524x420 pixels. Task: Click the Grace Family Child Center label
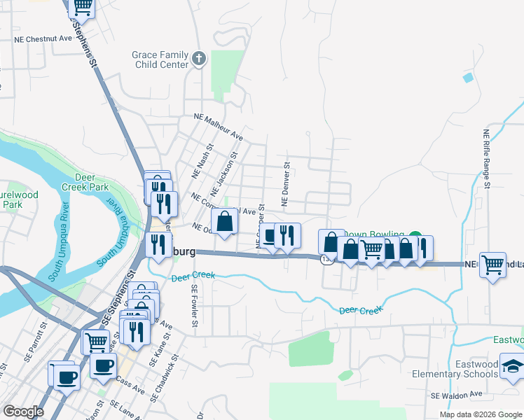pyautogui.click(x=160, y=59)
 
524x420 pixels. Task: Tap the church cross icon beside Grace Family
pyautogui.click(x=199, y=58)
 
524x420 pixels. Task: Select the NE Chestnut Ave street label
pyautogui.click(x=43, y=39)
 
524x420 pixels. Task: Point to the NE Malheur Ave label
pyautogui.click(x=217, y=126)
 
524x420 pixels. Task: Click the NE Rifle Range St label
pyautogui.click(x=486, y=158)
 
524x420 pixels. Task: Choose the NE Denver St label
pyautogui.click(x=286, y=183)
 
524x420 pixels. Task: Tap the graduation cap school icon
pyautogui.click(x=512, y=366)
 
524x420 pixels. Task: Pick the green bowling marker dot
pyautogui.click(x=415, y=237)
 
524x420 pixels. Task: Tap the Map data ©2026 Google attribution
pyautogui.click(x=481, y=414)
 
